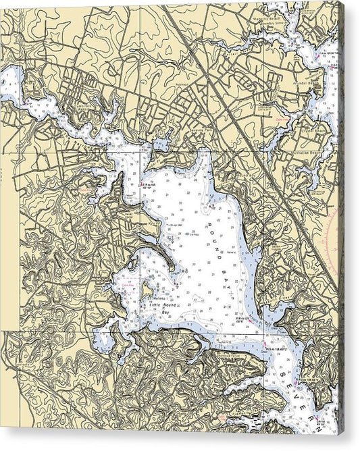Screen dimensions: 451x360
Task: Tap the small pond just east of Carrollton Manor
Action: pos(161,142)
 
